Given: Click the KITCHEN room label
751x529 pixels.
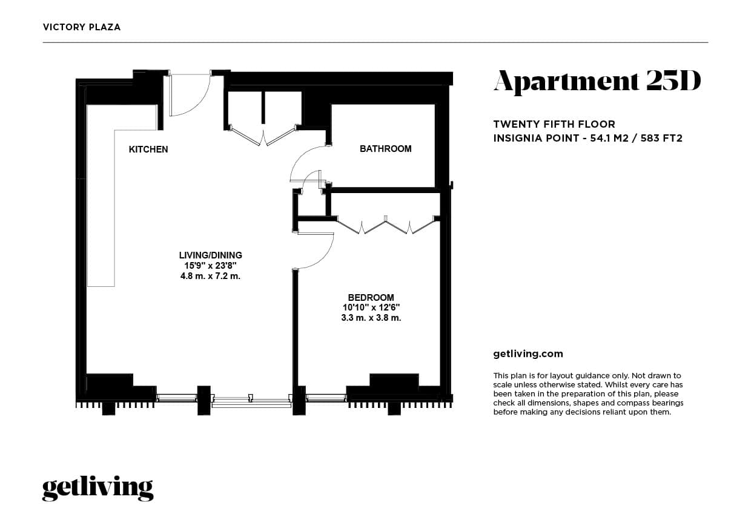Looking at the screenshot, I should [148, 149].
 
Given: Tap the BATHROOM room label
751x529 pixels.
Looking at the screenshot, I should [385, 149].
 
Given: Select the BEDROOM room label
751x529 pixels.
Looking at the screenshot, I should [371, 298].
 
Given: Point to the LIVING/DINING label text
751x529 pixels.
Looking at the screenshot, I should [210, 255].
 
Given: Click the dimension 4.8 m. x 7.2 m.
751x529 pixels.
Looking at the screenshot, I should [210, 276].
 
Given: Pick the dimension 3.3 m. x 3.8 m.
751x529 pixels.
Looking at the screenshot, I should [371, 317].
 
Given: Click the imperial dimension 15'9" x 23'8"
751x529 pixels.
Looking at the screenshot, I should [210, 266].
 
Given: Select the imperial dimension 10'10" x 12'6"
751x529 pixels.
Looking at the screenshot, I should [371, 307].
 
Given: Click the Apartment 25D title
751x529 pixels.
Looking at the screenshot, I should [597, 82].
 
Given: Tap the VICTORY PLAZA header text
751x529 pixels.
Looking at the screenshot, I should [82, 27].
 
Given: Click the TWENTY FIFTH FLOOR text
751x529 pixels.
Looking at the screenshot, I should [554, 125].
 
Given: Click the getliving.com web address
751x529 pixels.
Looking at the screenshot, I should [528, 354].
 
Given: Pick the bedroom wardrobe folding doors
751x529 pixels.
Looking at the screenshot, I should [386, 226].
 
